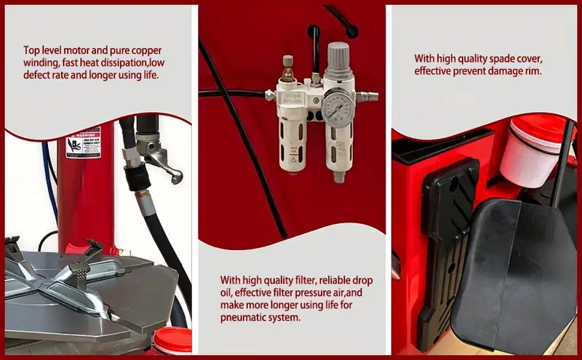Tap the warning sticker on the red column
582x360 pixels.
[83, 143]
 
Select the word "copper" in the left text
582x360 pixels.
[146, 50]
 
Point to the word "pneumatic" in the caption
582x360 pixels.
[246, 318]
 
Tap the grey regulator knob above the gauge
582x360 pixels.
[338, 55]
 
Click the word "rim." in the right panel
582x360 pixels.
[530, 71]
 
